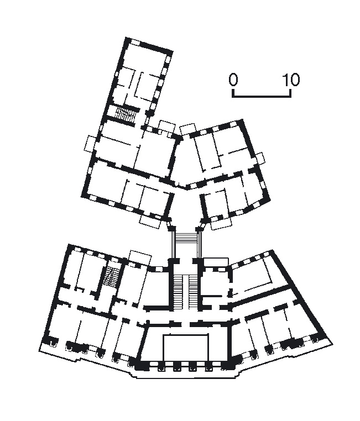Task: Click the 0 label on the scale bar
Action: point(233,80)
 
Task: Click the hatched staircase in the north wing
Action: point(126,114)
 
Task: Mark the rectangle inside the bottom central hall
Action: point(186,348)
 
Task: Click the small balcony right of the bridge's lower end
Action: point(216,260)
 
